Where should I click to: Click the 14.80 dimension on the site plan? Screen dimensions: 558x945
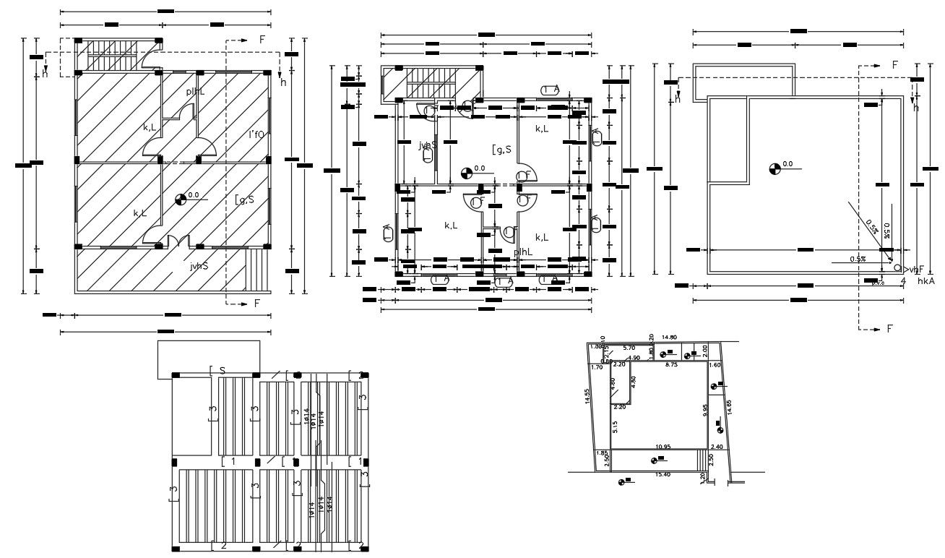(669, 338)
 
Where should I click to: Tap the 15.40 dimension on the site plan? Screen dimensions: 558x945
(663, 474)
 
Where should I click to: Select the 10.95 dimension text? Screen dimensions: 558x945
(663, 447)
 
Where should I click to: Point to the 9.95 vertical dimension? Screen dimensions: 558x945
(705, 410)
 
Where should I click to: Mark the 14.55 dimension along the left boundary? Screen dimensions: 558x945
(589, 406)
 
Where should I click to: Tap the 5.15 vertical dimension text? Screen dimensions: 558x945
(615, 426)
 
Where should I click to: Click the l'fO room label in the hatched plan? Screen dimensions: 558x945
(256, 134)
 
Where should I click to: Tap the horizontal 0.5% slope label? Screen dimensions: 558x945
(858, 259)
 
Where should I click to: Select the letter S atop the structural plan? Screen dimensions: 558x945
(223, 371)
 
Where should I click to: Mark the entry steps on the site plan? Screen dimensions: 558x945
(700, 459)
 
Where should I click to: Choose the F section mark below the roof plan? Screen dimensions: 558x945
(889, 329)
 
